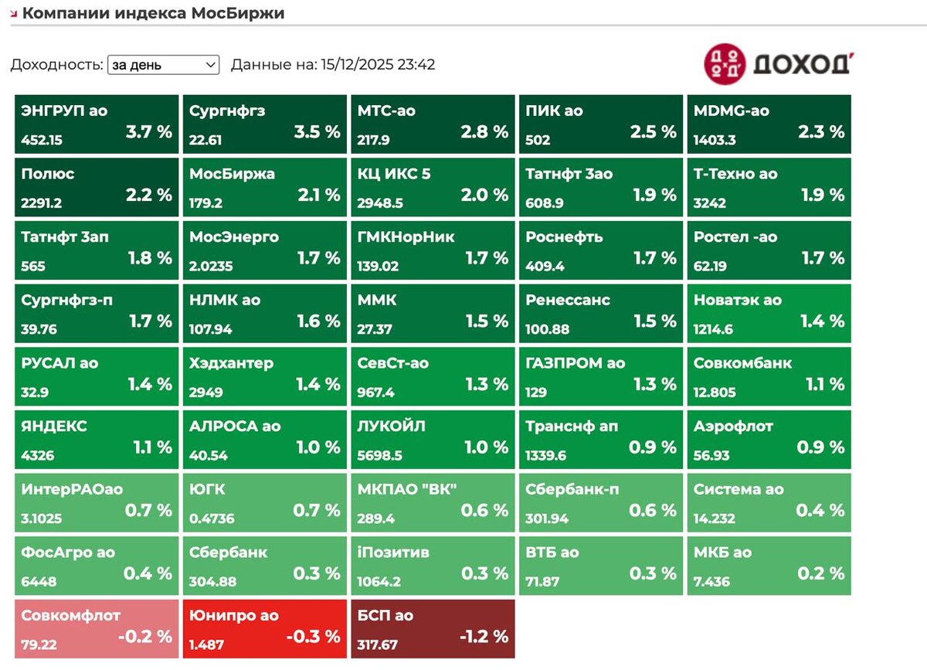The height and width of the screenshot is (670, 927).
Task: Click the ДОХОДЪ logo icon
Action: tap(724, 63)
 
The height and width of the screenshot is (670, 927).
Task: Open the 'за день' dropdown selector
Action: tap(163, 65)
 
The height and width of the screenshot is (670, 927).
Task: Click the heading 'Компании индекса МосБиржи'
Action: tap(153, 13)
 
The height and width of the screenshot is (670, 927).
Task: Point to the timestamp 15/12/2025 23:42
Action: tap(377, 65)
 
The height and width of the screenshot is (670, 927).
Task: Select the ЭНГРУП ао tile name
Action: tap(64, 111)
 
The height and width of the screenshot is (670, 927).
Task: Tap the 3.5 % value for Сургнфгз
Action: tap(317, 131)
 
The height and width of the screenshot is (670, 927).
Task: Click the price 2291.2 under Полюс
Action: tap(42, 202)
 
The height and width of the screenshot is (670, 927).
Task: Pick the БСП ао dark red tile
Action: tap(433, 629)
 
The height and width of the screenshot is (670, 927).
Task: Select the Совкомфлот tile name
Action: tap(71, 616)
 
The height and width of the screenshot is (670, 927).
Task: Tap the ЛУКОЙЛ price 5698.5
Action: tap(379, 455)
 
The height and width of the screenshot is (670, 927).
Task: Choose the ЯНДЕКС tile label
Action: tap(54, 427)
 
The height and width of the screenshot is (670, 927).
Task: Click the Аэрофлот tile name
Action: tap(733, 427)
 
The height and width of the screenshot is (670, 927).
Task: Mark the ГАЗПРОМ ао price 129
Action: tap(535, 392)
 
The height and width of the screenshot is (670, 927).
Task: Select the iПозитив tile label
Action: tap(393, 553)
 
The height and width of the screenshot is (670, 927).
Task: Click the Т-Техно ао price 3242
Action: tap(709, 202)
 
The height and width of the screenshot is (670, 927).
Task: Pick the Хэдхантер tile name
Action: tap(231, 363)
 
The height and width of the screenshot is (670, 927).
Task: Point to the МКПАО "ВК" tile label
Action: tap(407, 489)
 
